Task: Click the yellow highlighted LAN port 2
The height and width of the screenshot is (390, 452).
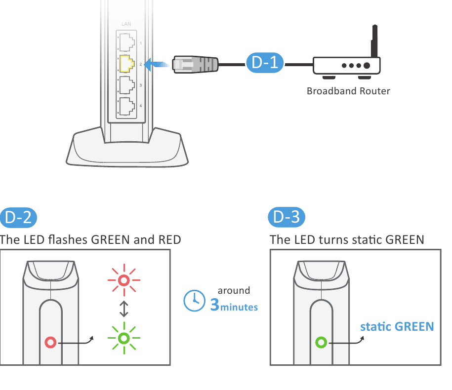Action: tap(127, 64)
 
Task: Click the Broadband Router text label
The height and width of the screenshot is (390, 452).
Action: tap(348, 91)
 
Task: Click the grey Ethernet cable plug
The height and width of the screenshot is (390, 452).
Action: tap(195, 65)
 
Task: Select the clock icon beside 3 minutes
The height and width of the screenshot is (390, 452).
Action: tap(194, 301)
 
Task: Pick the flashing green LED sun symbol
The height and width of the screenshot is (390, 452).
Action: tap(124, 338)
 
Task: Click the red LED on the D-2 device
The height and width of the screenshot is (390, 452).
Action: tap(50, 342)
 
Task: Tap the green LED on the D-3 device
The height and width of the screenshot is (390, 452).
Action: tap(321, 342)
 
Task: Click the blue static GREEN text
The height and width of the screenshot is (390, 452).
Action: tap(397, 327)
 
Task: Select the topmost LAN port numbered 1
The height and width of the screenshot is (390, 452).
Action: tap(127, 43)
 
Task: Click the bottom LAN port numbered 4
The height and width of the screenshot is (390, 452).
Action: tap(127, 106)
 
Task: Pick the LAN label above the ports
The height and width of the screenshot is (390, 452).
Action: tap(127, 24)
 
